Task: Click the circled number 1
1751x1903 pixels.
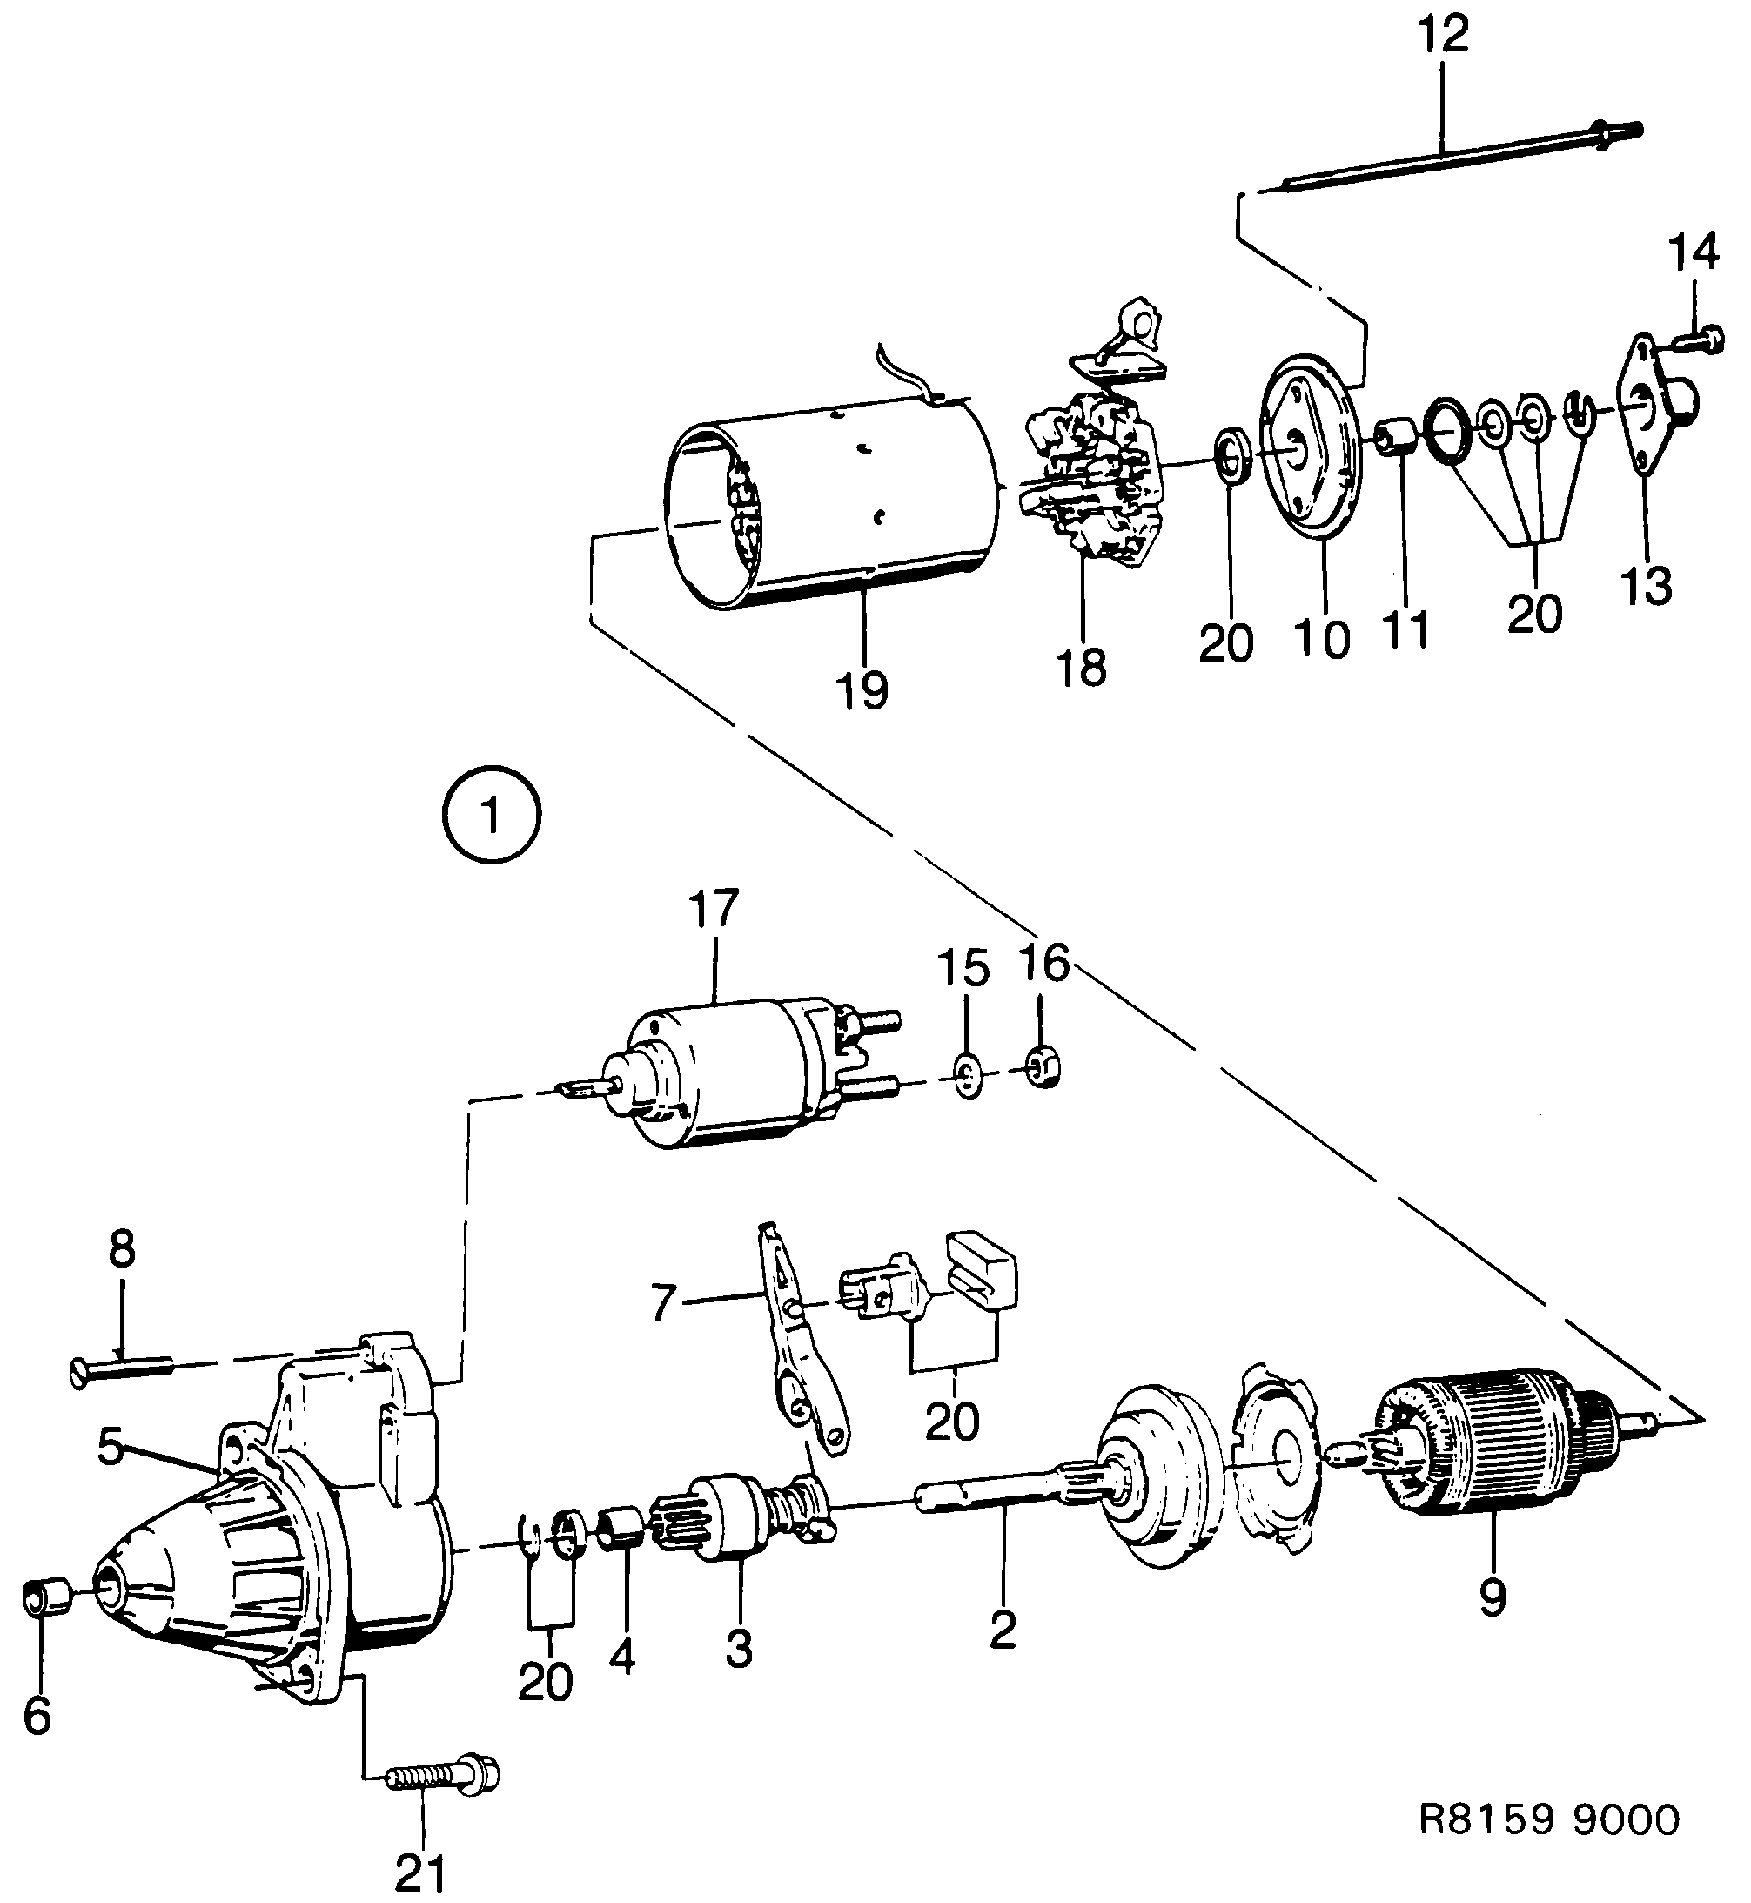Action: [x=492, y=816]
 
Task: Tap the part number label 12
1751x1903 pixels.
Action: [x=1443, y=35]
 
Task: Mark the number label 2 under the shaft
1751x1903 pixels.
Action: [x=1002, y=1629]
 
